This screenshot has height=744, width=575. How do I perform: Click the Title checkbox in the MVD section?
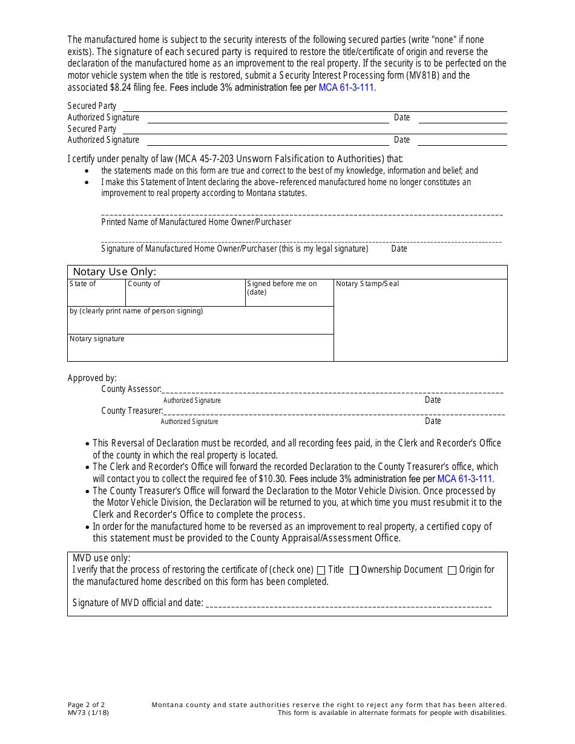[321, 570]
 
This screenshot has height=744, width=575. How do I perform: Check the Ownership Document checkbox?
[354, 570]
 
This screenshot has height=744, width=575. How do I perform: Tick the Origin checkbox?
[452, 570]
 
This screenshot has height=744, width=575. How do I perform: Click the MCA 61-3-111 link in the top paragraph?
[346, 87]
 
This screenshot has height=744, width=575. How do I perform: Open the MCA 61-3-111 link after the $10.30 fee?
[464, 478]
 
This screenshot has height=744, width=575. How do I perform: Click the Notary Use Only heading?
[114, 272]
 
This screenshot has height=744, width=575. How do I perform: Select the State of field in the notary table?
[96, 293]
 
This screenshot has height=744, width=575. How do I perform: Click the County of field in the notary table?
[185, 293]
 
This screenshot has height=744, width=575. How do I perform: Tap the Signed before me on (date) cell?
[289, 293]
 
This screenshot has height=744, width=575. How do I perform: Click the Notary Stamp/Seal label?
[367, 284]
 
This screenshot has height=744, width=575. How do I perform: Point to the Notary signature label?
[97, 339]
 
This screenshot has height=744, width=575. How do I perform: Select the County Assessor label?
[131, 389]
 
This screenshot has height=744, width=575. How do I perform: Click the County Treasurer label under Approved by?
[131, 411]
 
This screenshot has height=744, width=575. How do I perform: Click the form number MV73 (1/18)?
[88, 713]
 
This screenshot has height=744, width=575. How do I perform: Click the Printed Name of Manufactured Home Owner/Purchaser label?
[196, 222]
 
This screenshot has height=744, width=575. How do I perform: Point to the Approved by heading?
[92, 378]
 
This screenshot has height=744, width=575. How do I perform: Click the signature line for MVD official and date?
[348, 604]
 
